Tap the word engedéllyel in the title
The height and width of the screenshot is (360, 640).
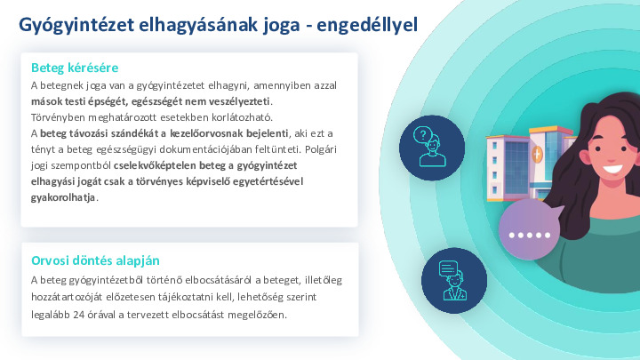(366, 26)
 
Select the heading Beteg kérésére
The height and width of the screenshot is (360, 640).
(75, 68)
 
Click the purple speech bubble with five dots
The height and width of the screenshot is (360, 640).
(531, 235)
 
